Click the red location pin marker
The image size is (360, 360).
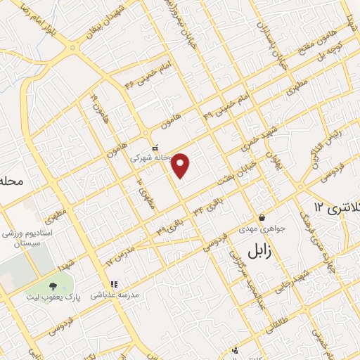click(x=181, y=165)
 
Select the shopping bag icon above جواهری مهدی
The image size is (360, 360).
click(x=262, y=217)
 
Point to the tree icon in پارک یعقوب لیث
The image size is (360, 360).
click(x=53, y=285)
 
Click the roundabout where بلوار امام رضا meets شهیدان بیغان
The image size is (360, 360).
click(x=74, y=48)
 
